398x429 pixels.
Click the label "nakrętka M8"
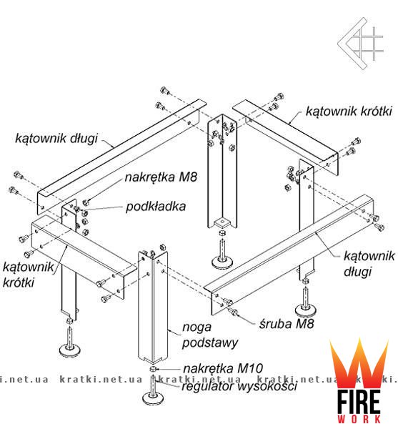pos(161,177)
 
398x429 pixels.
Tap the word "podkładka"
pos(156,207)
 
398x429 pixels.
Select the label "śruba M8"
pos(287,324)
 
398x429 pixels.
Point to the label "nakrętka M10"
pos(223,368)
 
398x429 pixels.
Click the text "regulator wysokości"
pos(239,386)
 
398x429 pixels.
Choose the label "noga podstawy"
pos(210,335)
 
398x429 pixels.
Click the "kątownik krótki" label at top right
pos(349,111)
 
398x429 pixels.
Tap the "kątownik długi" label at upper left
pos(56,138)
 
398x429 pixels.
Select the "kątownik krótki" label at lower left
pos(28,275)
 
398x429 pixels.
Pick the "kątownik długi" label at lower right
pos(369,264)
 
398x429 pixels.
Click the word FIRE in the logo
pos(359,402)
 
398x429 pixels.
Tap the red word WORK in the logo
pos(359,419)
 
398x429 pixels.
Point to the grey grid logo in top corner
pos(360,43)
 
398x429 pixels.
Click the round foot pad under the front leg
pos(154,398)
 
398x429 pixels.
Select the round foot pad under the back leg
pos(223,262)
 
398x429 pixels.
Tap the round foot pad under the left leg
pos(70,350)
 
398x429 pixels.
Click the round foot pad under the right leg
pos(307,310)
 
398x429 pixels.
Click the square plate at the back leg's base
pos(222,223)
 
